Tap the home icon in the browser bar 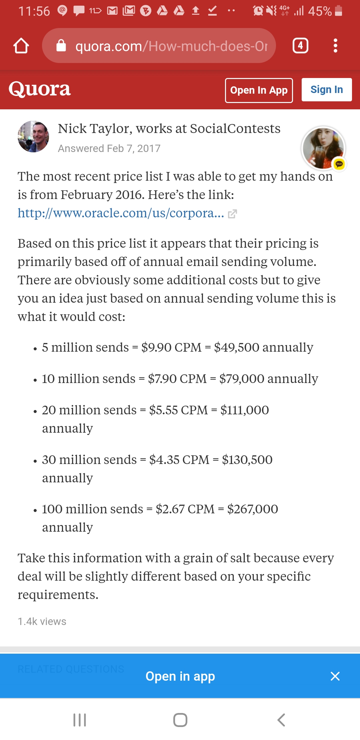21,46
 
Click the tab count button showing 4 300,46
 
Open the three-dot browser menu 335,46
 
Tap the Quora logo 40,89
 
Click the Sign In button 326,90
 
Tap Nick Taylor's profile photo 33,137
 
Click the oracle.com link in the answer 121,213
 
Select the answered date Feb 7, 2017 109,148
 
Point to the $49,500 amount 236,347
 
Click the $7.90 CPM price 177,379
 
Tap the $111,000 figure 244,410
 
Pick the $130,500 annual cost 247,460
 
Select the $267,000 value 252,509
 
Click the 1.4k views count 42,621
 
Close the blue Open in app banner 335,676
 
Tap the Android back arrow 281,720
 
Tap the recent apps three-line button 80,720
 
